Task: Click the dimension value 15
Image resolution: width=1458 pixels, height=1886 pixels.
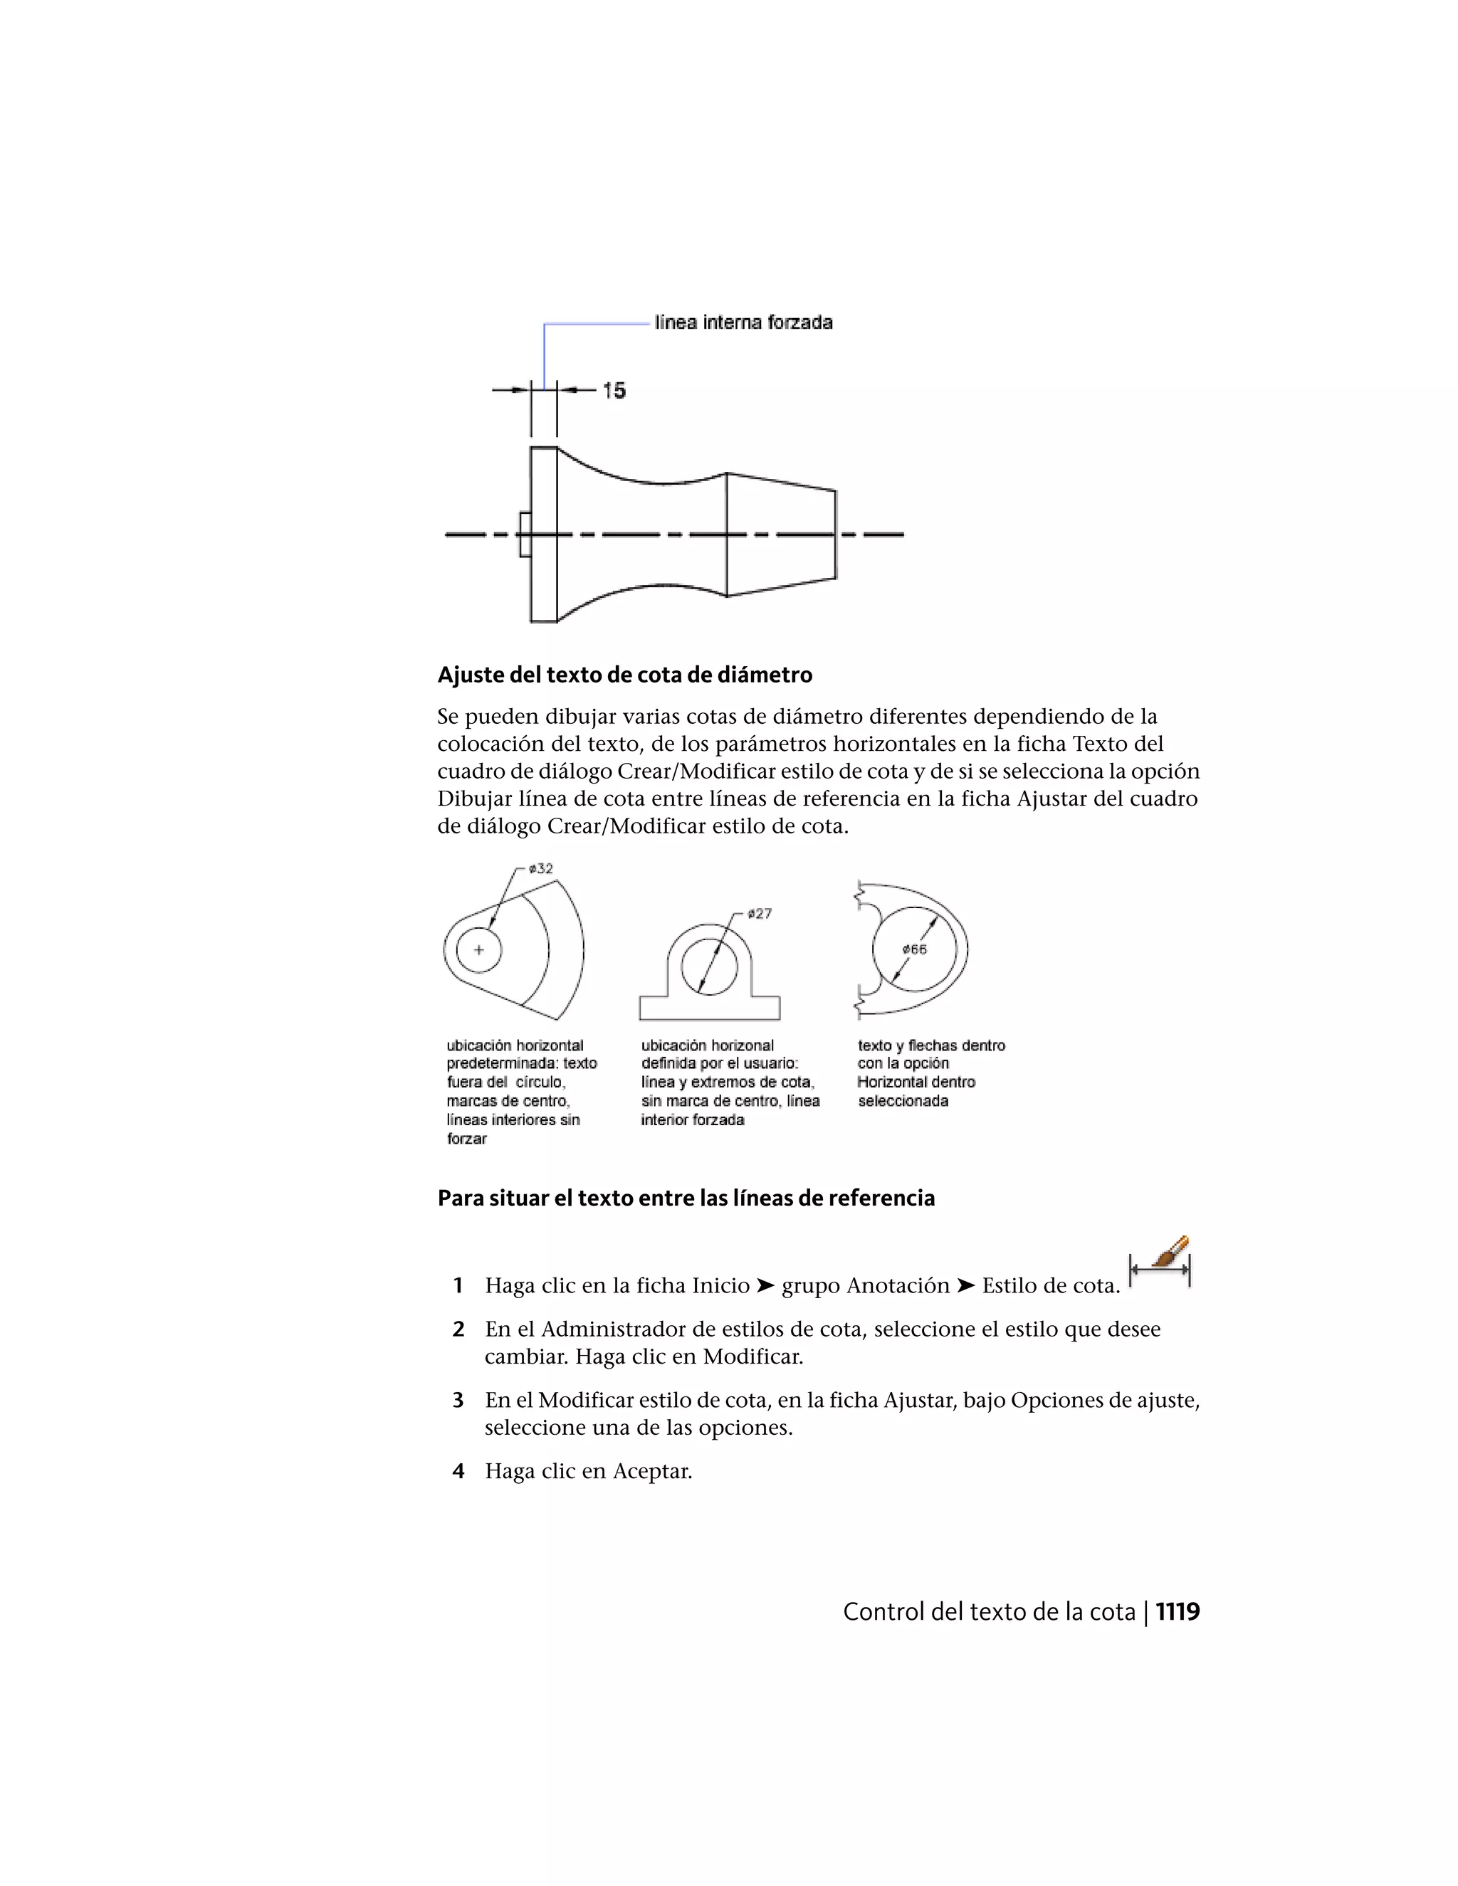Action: tap(614, 391)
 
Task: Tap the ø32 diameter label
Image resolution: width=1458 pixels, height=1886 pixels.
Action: tap(541, 869)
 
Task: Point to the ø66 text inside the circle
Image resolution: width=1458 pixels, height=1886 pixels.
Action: tap(915, 949)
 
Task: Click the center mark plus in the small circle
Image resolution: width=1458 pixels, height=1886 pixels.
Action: tap(478, 950)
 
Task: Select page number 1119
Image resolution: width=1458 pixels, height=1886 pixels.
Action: tap(1178, 1611)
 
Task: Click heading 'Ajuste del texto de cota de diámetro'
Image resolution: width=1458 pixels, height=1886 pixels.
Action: tap(624, 675)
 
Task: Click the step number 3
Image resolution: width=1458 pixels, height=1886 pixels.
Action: tap(458, 1400)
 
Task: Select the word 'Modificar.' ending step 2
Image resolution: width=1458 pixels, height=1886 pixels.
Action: tap(753, 1356)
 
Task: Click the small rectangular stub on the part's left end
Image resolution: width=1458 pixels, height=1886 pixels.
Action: tap(524, 534)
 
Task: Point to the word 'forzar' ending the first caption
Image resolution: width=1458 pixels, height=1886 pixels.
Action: tap(466, 1139)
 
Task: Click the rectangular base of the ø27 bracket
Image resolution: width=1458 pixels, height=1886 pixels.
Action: tap(709, 1008)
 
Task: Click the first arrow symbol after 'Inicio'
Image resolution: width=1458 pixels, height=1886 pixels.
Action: tap(765, 1286)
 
